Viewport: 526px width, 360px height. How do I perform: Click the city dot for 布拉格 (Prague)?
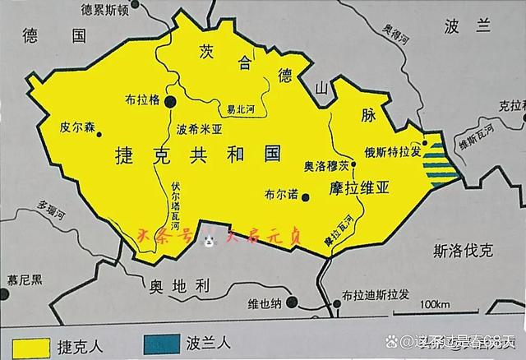click(170, 101)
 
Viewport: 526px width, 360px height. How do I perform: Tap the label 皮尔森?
click(76, 127)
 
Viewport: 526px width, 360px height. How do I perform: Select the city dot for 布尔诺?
click(305, 196)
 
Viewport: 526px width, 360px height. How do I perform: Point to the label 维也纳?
click(265, 303)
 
